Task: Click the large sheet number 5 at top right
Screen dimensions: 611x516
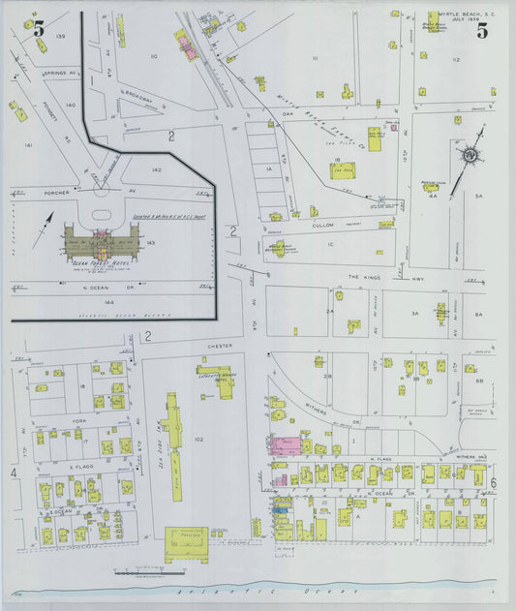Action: pos(481,31)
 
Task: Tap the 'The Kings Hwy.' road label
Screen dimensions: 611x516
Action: pos(367,276)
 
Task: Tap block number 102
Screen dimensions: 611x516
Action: pos(198,440)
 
